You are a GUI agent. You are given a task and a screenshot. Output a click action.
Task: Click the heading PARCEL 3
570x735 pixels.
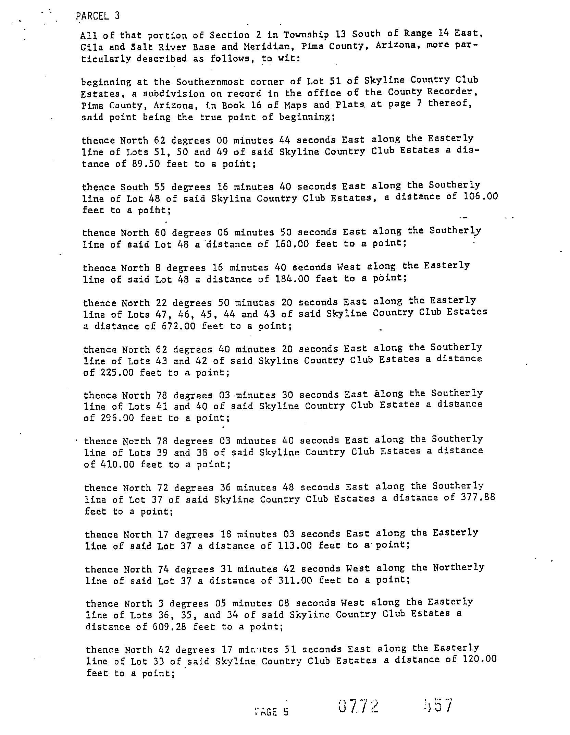click(x=98, y=16)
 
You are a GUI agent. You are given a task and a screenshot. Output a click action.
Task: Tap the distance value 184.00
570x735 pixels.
click(x=292, y=279)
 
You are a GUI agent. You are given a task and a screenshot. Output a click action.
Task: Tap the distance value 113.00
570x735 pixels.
click(x=295, y=545)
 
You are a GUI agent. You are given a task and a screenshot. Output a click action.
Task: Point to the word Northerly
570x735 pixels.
click(x=458, y=567)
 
